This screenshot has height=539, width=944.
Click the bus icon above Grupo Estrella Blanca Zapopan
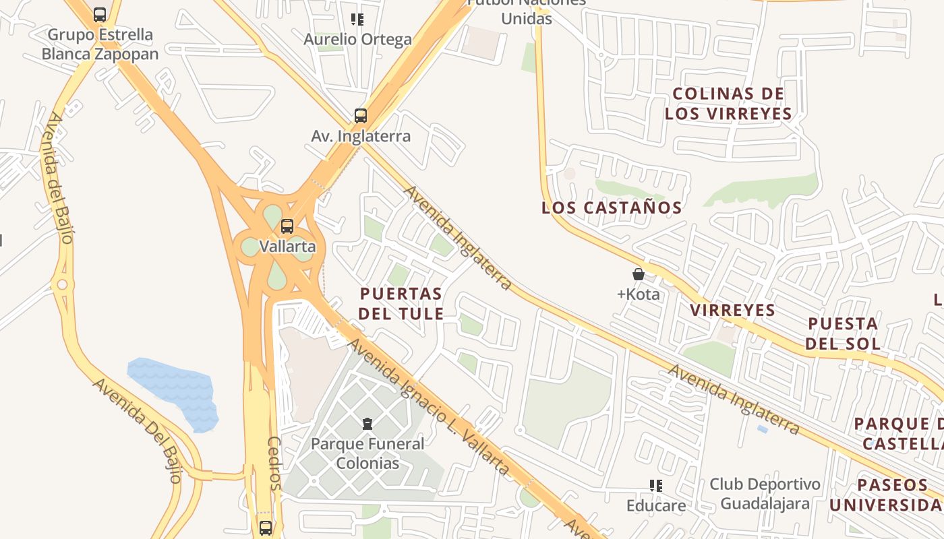[100, 14]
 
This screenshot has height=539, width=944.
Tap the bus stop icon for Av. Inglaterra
[361, 116]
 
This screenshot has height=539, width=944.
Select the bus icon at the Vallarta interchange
[287, 226]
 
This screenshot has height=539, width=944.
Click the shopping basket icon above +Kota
[639, 274]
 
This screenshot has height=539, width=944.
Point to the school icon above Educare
[656, 486]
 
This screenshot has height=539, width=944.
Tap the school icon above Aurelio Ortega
[357, 20]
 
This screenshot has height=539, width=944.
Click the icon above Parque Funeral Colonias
[367, 424]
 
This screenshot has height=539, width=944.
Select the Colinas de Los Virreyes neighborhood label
[728, 104]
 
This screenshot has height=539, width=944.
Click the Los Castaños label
[612, 208]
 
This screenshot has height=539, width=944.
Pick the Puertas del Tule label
[401, 303]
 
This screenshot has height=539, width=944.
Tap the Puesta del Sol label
[843, 334]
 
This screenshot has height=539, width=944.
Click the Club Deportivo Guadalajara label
[765, 494]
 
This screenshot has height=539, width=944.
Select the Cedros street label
[274, 463]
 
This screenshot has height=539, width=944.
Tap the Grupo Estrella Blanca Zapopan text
[100, 44]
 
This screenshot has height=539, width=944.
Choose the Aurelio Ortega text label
[357, 39]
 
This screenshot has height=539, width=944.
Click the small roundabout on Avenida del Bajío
[63, 285]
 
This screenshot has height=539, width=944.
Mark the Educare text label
[656, 505]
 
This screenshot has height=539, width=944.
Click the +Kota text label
[639, 294]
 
